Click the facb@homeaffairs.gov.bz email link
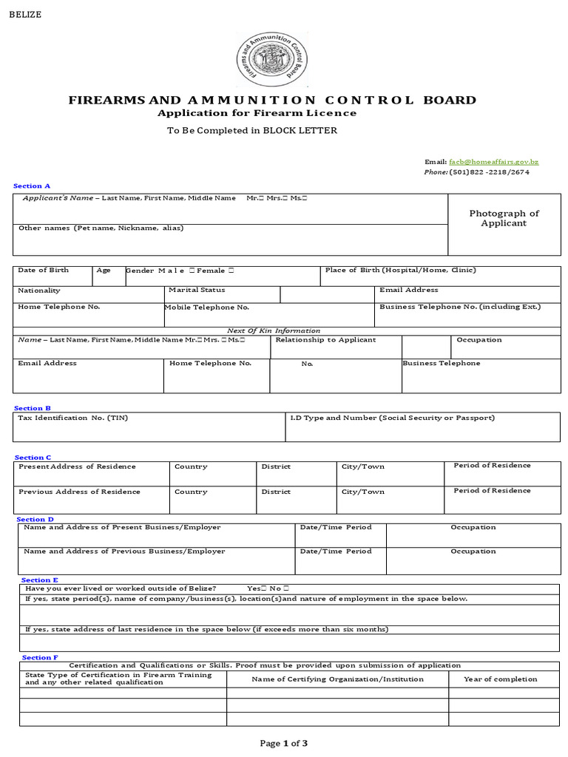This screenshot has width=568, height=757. pyautogui.click(x=493, y=161)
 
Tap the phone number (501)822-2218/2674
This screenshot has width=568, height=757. pyautogui.click(x=489, y=172)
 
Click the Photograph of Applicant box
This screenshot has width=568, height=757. pyautogui.click(x=504, y=218)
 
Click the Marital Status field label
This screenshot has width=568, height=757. pyautogui.click(x=197, y=291)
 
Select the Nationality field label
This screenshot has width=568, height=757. pyautogui.click(x=39, y=291)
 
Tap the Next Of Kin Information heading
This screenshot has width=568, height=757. pyautogui.click(x=274, y=330)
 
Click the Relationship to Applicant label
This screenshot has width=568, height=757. pyautogui.click(x=325, y=340)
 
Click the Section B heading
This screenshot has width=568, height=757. pyautogui.click(x=33, y=408)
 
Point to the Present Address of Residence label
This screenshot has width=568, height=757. pyautogui.click(x=77, y=466)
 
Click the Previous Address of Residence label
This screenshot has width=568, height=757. pyautogui.click(x=79, y=492)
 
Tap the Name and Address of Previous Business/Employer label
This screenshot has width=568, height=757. pyautogui.click(x=124, y=551)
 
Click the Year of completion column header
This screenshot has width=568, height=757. pyautogui.click(x=500, y=679)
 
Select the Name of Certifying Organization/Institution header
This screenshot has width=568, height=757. pyautogui.click(x=337, y=679)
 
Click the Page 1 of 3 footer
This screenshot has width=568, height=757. pyautogui.click(x=283, y=743)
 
